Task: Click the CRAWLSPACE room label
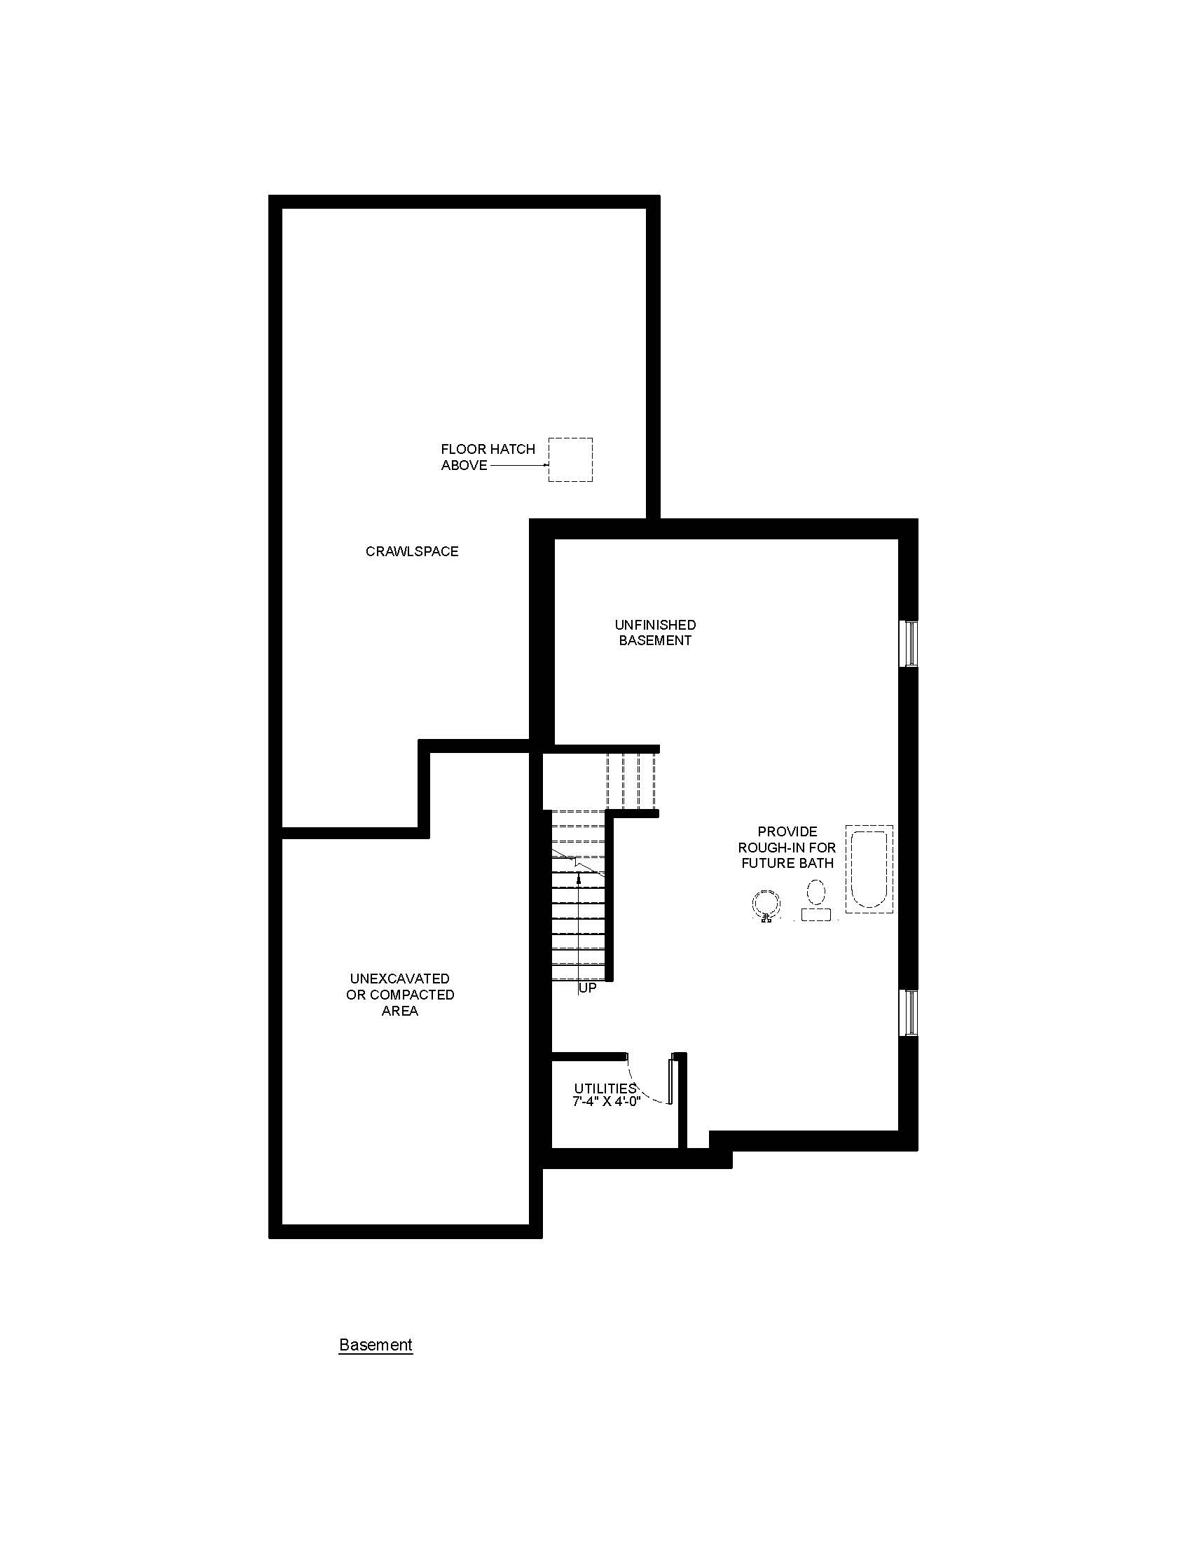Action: [411, 552]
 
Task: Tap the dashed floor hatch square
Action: [570, 439]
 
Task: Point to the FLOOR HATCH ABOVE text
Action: [488, 457]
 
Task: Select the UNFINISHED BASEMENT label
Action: [655, 633]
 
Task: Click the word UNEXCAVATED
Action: [399, 979]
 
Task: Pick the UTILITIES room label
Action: [605, 1089]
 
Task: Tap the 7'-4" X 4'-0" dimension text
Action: [606, 1101]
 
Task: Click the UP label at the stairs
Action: [588, 988]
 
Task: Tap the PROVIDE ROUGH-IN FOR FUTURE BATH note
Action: [787, 848]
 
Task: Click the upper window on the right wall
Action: [911, 644]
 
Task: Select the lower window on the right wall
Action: [911, 1014]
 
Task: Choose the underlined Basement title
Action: [376, 1345]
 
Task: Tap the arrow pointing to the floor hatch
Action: [518, 466]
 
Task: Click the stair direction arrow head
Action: [579, 876]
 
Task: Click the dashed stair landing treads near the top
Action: [631, 782]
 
